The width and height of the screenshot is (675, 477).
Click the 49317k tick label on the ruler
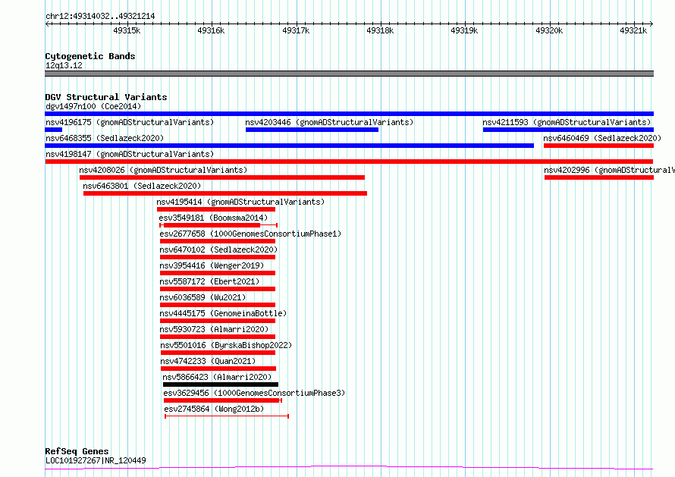(x=296, y=30)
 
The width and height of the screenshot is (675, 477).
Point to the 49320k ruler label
(x=549, y=30)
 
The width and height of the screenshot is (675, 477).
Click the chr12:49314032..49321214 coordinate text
(x=100, y=17)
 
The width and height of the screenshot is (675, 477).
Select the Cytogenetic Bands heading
(x=90, y=56)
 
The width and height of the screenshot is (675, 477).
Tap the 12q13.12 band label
(x=64, y=65)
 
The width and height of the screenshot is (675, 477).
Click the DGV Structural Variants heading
(x=106, y=97)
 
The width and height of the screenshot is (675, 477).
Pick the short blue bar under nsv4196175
(x=54, y=130)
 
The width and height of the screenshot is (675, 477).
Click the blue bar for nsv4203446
(x=312, y=130)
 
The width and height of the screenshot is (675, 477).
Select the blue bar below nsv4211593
(x=568, y=130)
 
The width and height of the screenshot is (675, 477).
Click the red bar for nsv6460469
(x=599, y=146)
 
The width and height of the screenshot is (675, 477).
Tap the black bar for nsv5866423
(x=221, y=384)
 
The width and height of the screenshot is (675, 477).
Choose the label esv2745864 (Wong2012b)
(x=214, y=409)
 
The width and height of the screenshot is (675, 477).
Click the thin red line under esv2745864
(x=227, y=416)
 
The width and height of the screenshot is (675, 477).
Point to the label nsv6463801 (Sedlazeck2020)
(x=142, y=186)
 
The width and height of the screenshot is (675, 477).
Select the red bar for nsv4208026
(x=222, y=177)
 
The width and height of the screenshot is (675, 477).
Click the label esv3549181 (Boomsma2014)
(x=213, y=218)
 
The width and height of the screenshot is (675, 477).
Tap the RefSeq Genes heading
(x=77, y=451)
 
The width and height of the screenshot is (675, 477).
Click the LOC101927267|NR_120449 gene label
(x=96, y=460)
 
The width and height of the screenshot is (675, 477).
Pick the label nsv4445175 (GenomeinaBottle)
(x=223, y=313)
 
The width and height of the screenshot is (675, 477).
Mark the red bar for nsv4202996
(x=599, y=177)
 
